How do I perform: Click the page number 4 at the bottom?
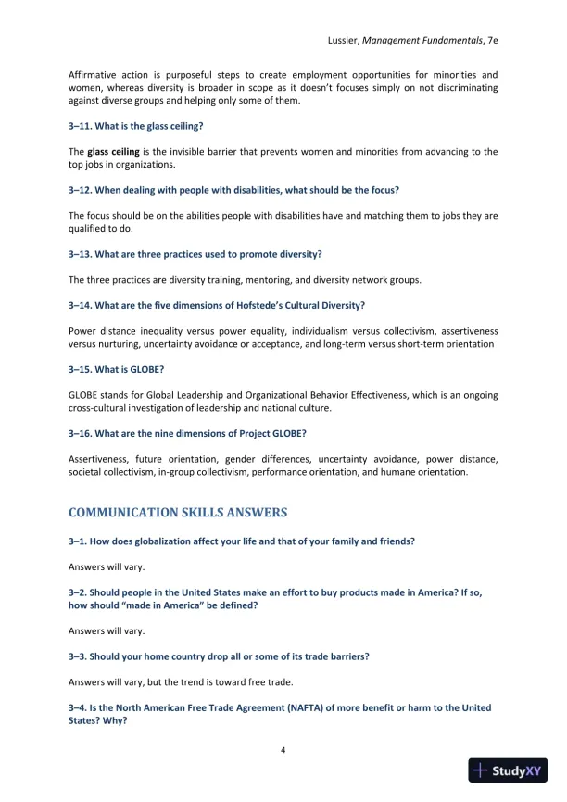[283, 750]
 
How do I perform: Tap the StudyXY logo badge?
[507, 770]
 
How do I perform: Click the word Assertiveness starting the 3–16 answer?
[98, 459]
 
